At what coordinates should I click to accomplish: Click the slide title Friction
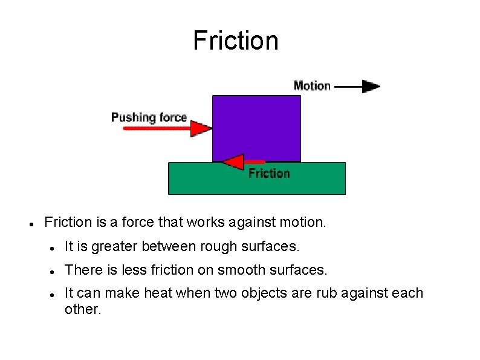pyautogui.click(x=236, y=41)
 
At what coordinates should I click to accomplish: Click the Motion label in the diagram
pyautogui.click(x=312, y=86)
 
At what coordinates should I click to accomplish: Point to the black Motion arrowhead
pyautogui.click(x=371, y=86)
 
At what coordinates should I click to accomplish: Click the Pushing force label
pyautogui.click(x=149, y=117)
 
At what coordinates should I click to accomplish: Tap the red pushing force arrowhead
pyautogui.click(x=201, y=128)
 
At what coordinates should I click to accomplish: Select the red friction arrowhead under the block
pyautogui.click(x=233, y=162)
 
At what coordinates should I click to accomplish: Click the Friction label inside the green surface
pyautogui.click(x=270, y=174)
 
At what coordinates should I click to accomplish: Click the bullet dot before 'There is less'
pyautogui.click(x=53, y=270)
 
